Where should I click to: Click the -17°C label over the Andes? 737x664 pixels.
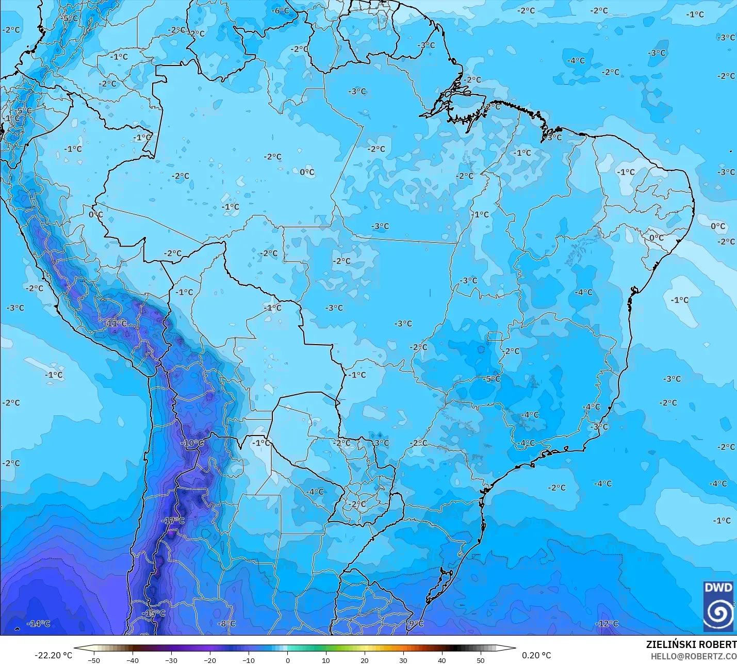(173, 521)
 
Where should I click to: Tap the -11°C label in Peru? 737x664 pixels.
(116, 323)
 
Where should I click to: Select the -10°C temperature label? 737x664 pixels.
(192, 443)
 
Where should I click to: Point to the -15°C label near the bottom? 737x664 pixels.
(154, 613)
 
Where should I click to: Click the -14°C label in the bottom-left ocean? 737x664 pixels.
(39, 624)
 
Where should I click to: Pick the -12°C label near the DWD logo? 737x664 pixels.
(607, 624)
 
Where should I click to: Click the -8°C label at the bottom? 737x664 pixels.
(226, 624)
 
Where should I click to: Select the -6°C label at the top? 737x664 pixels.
(281, 11)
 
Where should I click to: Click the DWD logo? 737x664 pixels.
(718, 606)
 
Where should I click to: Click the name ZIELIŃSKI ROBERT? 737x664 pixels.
(691, 645)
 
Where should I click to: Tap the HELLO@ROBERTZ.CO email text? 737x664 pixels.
(693, 656)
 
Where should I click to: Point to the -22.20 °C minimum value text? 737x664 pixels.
(54, 655)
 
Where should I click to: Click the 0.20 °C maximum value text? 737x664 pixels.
(536, 655)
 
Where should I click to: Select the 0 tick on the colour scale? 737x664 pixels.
(287, 660)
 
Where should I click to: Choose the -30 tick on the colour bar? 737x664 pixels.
(171, 660)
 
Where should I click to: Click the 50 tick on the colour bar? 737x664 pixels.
(481, 660)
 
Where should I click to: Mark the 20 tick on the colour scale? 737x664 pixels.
(365, 660)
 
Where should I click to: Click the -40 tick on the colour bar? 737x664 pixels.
(133, 660)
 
